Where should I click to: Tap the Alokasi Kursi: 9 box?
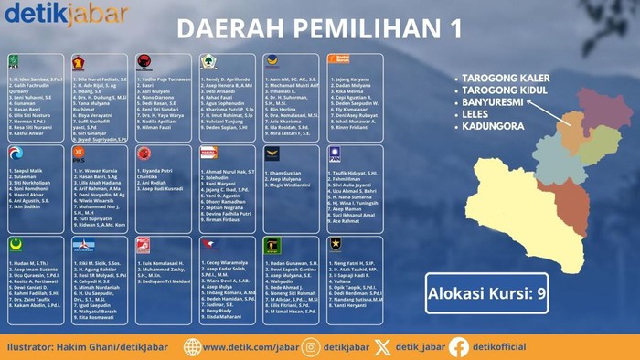[x=487, y=293]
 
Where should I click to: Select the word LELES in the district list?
[x=481, y=118]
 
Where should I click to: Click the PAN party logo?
[x=335, y=154]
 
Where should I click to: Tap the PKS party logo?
[x=79, y=153]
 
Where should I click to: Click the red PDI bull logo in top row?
[x=143, y=61]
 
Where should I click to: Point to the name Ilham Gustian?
[x=284, y=172]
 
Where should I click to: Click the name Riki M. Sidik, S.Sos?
[x=100, y=262]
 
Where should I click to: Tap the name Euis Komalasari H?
[x=166, y=262]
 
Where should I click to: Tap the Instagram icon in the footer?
[x=311, y=347]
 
